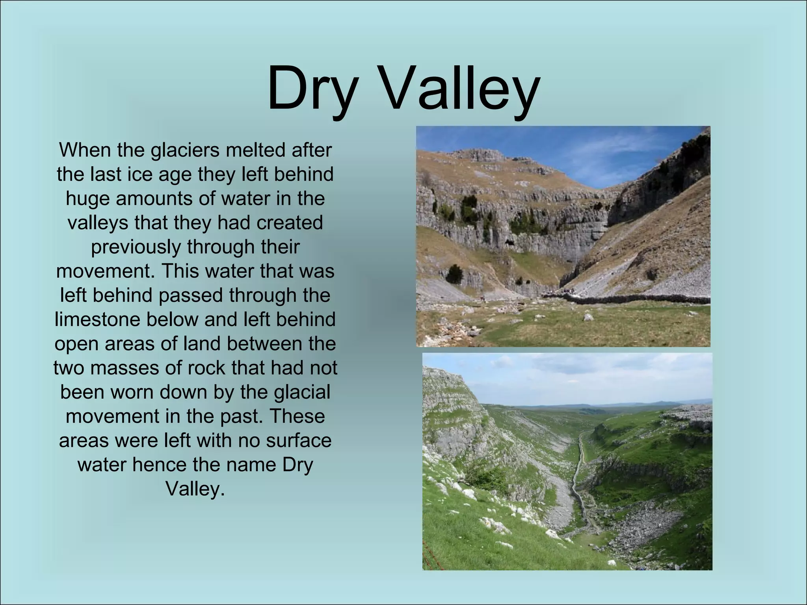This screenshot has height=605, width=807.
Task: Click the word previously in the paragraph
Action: (x=136, y=247)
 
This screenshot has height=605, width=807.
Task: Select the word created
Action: (x=290, y=223)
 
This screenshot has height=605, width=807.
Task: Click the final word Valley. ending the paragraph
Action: (x=195, y=489)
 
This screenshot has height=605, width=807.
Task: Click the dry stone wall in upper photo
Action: (x=630, y=299)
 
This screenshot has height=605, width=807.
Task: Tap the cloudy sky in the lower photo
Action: (x=591, y=374)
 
